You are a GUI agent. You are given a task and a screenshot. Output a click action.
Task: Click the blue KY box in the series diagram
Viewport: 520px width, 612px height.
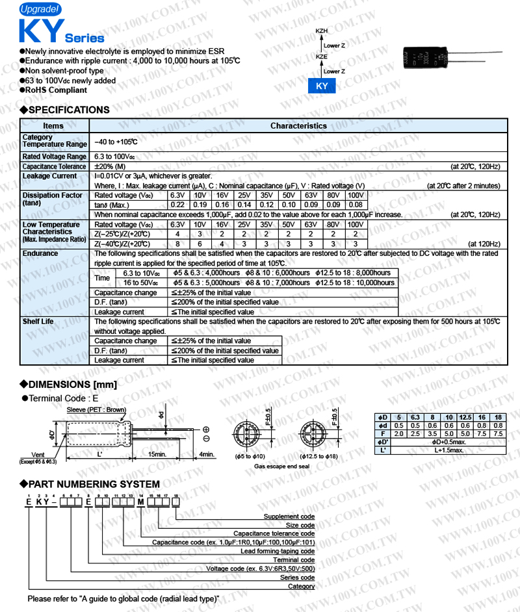321,86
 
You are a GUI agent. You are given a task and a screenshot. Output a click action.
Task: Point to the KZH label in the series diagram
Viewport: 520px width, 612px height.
322,31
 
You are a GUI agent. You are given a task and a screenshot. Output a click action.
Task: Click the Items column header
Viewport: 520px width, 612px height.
53,126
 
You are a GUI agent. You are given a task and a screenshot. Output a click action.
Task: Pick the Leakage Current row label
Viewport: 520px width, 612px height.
49,176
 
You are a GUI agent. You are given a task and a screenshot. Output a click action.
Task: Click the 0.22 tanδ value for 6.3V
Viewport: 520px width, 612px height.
177,205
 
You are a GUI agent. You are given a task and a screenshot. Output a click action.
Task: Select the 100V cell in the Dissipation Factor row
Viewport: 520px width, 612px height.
356,196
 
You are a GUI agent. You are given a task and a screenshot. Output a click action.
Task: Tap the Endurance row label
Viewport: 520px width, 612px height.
40,253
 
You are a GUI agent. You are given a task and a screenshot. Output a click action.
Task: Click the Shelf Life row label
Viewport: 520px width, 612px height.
38,322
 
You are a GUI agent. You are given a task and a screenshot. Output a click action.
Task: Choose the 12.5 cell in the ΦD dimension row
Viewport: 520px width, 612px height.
465,416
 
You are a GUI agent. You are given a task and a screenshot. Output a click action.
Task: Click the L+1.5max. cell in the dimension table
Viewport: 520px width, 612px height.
448,450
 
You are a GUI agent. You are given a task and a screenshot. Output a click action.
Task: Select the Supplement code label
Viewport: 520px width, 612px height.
289,516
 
